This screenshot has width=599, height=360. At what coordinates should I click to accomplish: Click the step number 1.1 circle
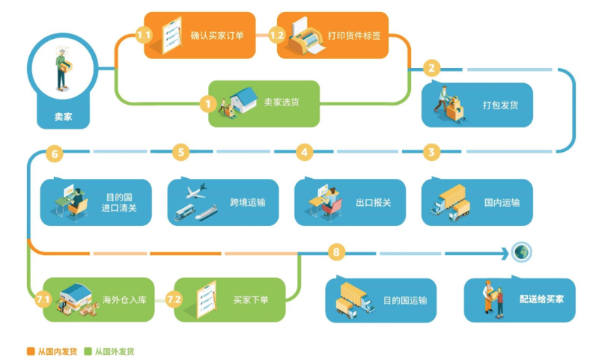(x=144, y=35)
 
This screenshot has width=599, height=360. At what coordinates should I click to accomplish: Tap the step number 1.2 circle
(x=277, y=35)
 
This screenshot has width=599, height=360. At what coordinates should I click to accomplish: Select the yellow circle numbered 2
(x=432, y=68)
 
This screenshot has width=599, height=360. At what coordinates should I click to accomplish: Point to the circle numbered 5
(x=180, y=153)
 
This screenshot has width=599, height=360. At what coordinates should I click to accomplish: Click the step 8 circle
(x=336, y=252)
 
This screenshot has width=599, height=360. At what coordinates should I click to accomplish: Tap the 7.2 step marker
(x=174, y=299)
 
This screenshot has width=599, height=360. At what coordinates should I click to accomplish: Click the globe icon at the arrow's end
(x=521, y=252)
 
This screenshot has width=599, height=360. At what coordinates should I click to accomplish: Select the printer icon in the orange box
(x=306, y=35)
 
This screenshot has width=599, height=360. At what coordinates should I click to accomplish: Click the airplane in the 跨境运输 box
(x=197, y=191)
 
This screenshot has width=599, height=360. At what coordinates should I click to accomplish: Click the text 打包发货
(x=500, y=105)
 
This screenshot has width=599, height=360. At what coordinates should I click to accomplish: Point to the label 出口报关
(x=373, y=202)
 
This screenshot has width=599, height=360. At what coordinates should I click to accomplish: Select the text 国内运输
(x=502, y=202)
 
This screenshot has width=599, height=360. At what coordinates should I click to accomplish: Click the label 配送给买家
(x=541, y=299)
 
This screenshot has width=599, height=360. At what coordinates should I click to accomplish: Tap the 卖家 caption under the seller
(x=63, y=117)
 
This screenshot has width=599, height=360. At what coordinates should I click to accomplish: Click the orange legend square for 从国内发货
(x=31, y=351)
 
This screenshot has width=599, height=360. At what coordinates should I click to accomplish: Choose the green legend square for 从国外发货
(x=88, y=351)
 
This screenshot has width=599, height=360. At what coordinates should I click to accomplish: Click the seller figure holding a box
(x=63, y=69)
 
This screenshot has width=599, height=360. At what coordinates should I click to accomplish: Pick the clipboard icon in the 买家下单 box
(x=207, y=299)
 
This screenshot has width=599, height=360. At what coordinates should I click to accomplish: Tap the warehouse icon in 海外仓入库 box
(x=76, y=296)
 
